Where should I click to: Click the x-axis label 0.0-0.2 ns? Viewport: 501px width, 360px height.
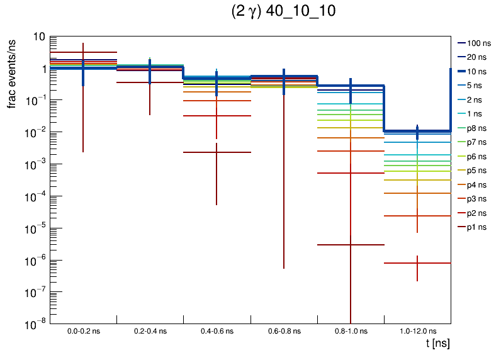[x=83, y=331]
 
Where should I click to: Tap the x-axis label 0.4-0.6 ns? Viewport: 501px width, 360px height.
[x=217, y=331]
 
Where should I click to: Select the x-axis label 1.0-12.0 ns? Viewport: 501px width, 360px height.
[x=417, y=331]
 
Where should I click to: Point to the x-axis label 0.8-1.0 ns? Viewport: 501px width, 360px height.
[x=350, y=331]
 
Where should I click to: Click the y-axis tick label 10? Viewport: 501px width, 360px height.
[x=39, y=37]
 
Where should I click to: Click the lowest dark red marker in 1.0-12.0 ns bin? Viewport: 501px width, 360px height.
[x=417, y=263]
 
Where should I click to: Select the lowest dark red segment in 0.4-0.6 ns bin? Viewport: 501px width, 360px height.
[x=217, y=152]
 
